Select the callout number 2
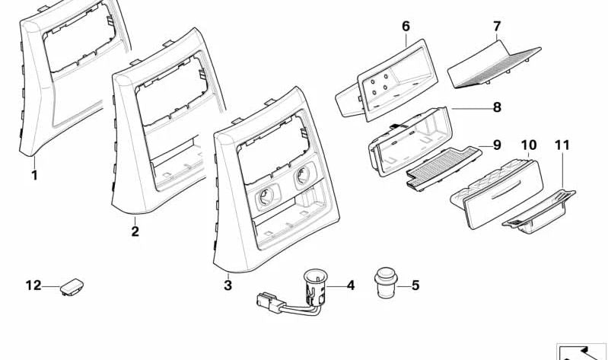pyautogui.click(x=135, y=231)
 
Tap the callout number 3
pyautogui.click(x=228, y=285)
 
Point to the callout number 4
pyautogui.click(x=350, y=285)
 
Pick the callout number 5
pyautogui.click(x=415, y=286)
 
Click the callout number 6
pyautogui.click(x=406, y=27)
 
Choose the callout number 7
pyautogui.click(x=497, y=27)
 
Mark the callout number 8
pyautogui.click(x=496, y=107)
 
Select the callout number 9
pyautogui.click(x=496, y=144)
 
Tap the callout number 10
pyautogui.click(x=528, y=144)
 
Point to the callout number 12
pyautogui.click(x=33, y=285)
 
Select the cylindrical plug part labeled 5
pyautogui.click(x=386, y=285)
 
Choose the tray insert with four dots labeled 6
pyautogui.click(x=388, y=84)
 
